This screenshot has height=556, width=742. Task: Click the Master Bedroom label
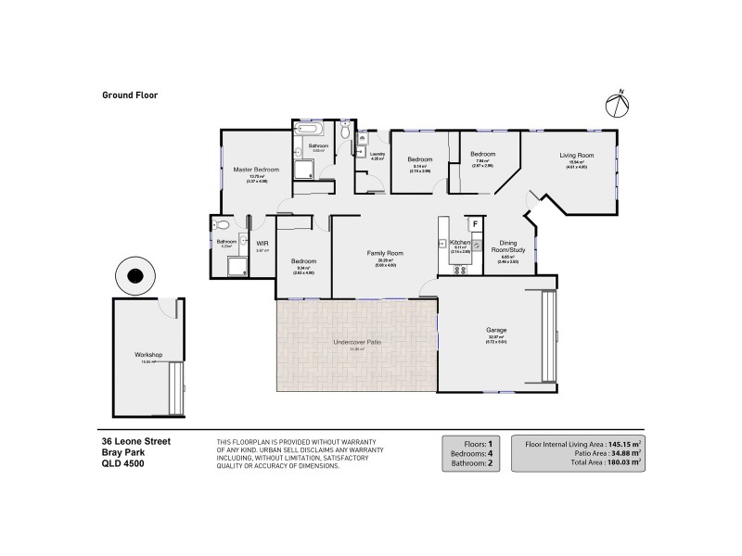pyautogui.click(x=257, y=170)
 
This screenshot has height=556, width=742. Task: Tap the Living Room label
pyautogui.click(x=576, y=155)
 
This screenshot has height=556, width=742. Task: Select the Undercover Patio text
pyautogui.click(x=357, y=342)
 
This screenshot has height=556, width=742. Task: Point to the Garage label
pyautogui.click(x=495, y=330)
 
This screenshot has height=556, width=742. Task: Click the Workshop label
pyautogui.click(x=148, y=355)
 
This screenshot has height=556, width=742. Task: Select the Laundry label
pyautogui.click(x=377, y=154)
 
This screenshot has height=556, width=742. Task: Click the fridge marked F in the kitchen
pyautogui.click(x=476, y=223)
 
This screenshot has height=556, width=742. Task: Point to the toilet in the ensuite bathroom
pyautogui.click(x=222, y=226)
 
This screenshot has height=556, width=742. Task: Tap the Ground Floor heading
pyautogui.click(x=129, y=94)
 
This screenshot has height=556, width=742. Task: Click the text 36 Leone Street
pyautogui.click(x=136, y=442)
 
